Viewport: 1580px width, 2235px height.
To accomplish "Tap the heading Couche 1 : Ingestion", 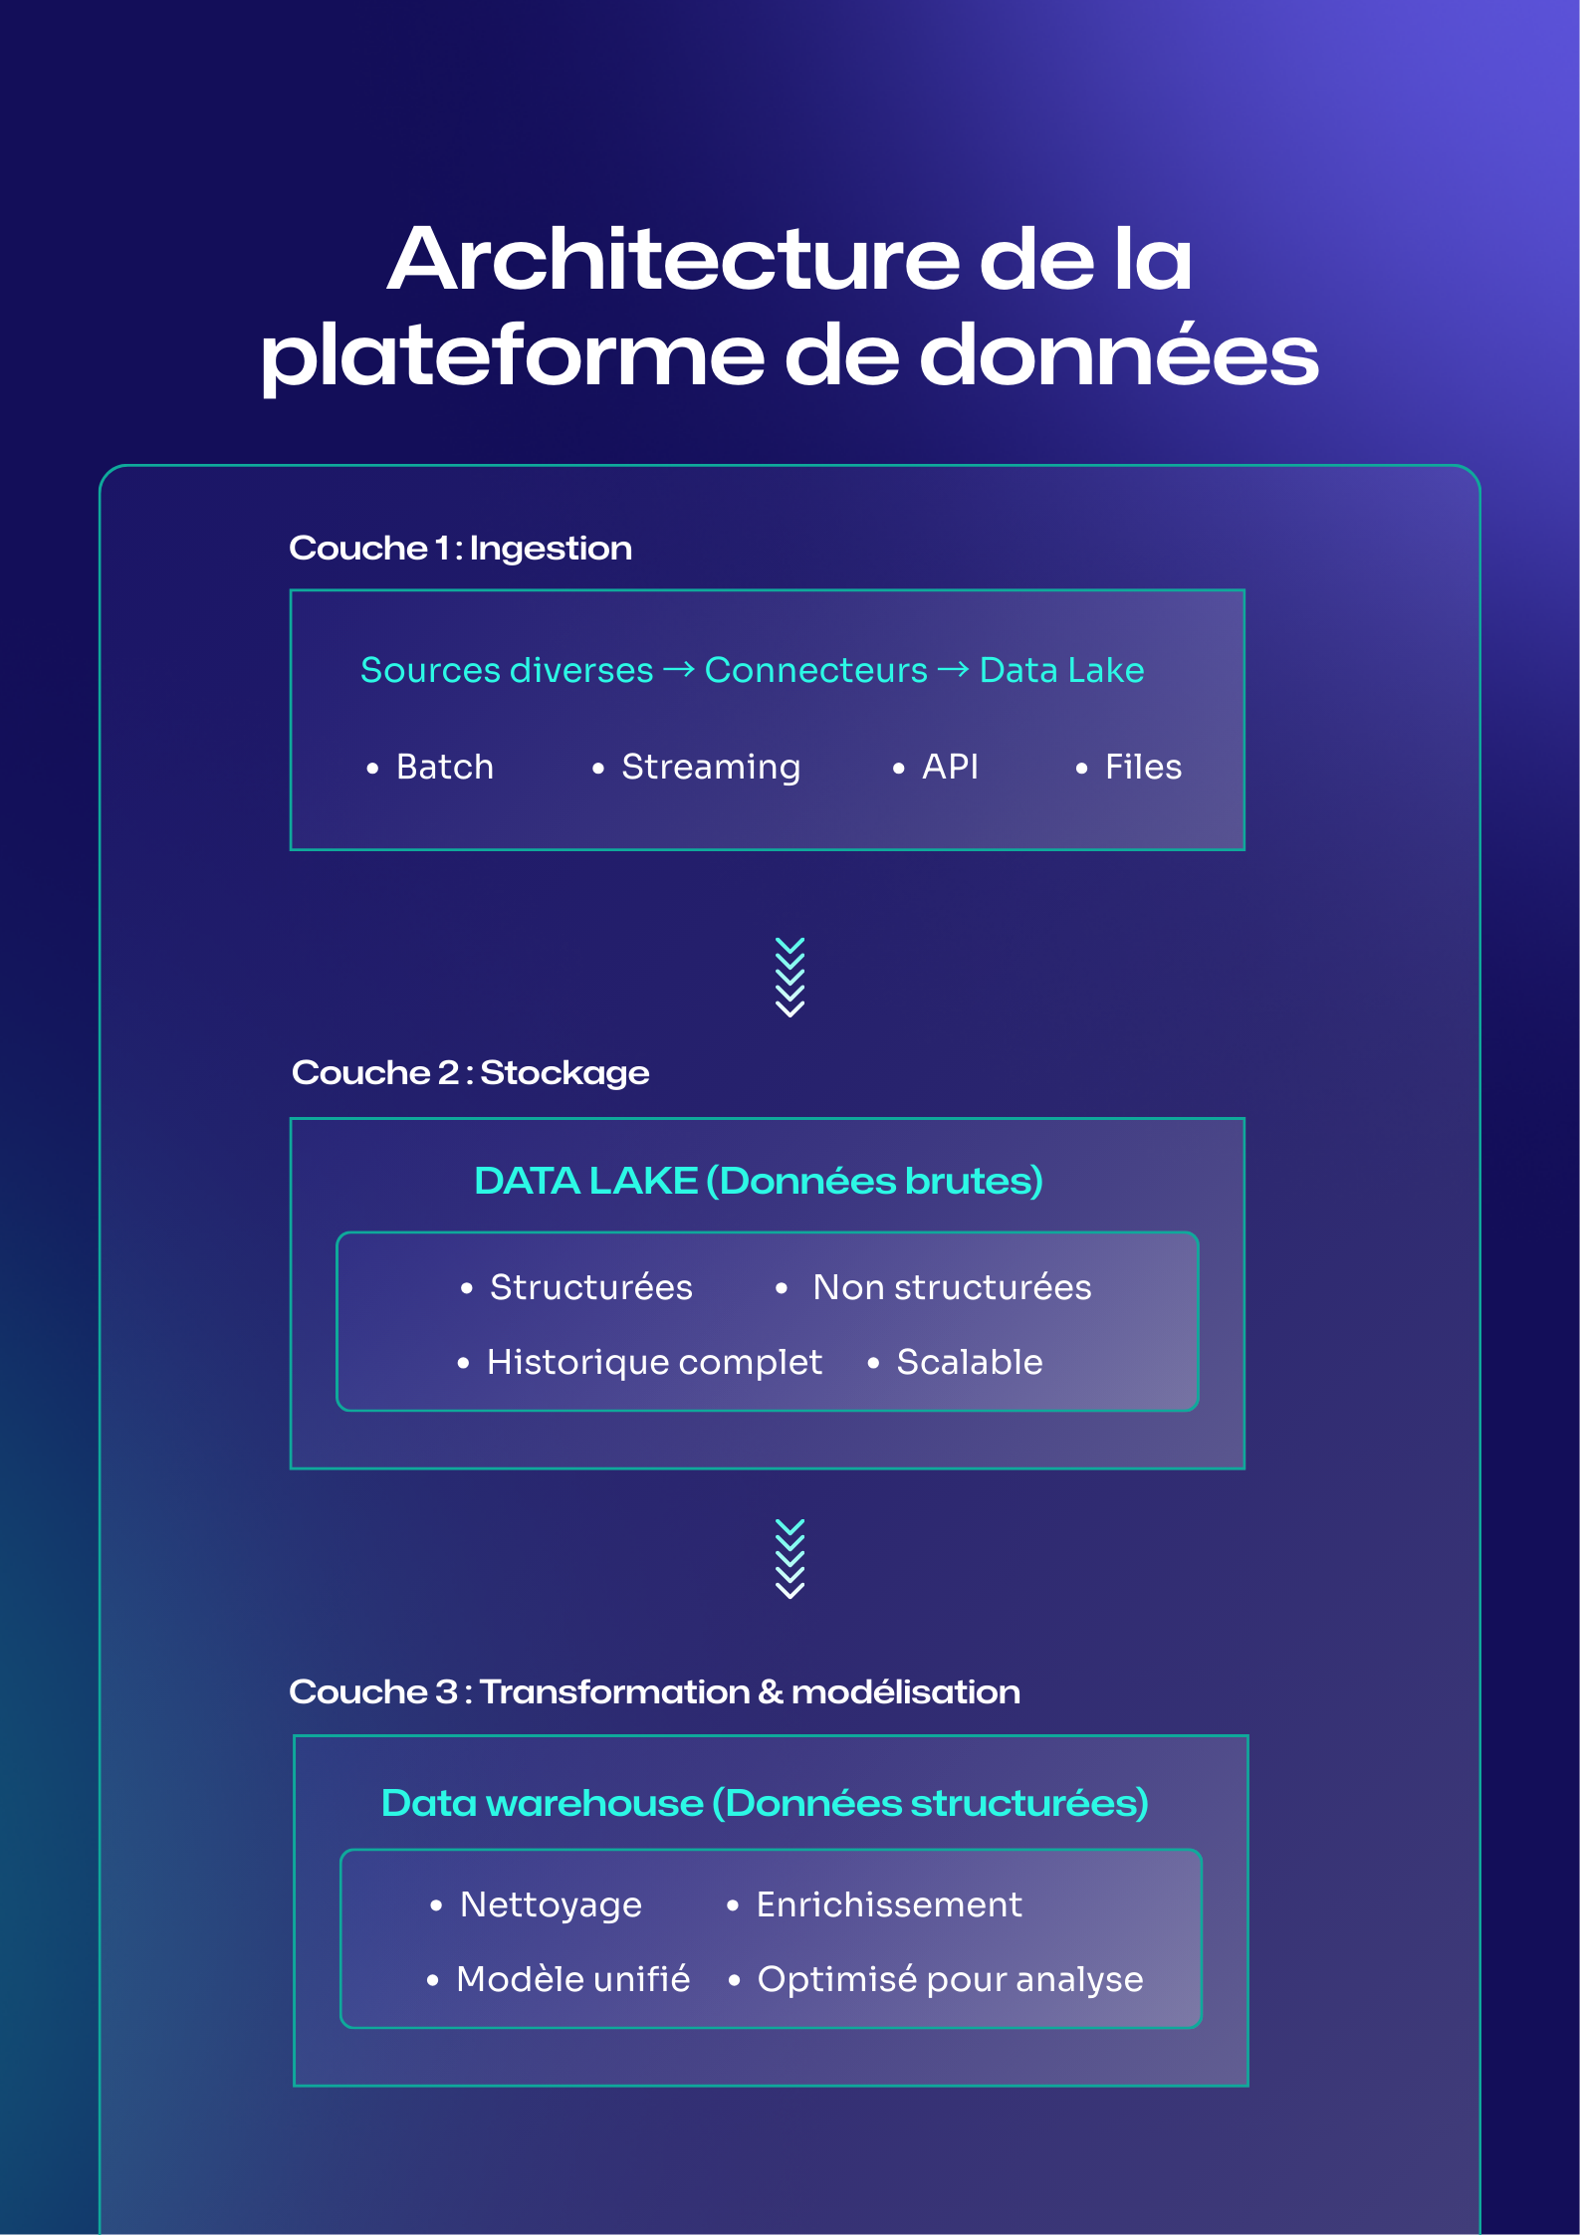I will (460, 549).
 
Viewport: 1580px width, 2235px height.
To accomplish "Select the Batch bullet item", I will (444, 768).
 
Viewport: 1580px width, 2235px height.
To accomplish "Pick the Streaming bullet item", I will (710, 768).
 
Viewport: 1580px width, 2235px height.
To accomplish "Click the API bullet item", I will (950, 768).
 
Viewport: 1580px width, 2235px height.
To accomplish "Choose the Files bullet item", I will (1143, 768).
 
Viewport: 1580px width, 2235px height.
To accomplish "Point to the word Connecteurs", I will (815, 671).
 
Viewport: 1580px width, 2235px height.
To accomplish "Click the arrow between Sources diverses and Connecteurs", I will (679, 671).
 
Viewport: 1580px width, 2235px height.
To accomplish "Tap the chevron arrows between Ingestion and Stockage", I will (790, 977).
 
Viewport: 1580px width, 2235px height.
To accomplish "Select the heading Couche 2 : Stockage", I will (470, 1073).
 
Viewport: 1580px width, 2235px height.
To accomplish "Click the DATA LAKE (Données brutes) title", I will (759, 1182).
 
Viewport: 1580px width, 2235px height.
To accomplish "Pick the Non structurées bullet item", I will (952, 1288).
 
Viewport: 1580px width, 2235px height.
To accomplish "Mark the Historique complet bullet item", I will (654, 1363).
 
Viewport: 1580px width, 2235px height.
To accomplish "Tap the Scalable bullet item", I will (970, 1363).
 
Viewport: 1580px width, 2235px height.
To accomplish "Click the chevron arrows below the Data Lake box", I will (790, 1559).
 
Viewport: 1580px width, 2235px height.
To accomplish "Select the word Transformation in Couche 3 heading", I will (614, 1692).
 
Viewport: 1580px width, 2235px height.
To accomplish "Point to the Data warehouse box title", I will (765, 1804).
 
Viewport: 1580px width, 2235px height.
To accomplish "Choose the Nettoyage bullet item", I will (551, 1905).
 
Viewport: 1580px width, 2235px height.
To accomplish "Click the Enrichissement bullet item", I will (889, 1905).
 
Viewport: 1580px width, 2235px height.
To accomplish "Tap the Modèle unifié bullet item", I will (572, 1980).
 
